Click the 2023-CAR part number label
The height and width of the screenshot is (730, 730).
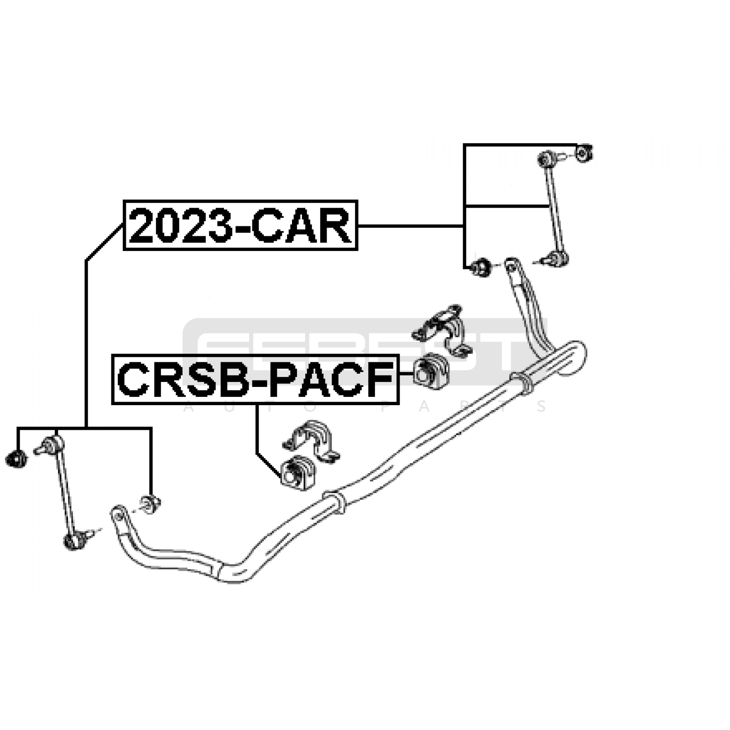(240, 225)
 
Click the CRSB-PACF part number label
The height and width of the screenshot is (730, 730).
(255, 379)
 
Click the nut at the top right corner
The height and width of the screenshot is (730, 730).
(583, 153)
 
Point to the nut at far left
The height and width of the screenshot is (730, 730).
(17, 458)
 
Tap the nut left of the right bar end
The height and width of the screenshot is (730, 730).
(481, 266)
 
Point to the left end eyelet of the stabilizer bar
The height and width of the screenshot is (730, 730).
(117, 514)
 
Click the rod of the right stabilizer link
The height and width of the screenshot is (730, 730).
(553, 208)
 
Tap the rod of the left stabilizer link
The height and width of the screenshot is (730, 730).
(64, 490)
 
